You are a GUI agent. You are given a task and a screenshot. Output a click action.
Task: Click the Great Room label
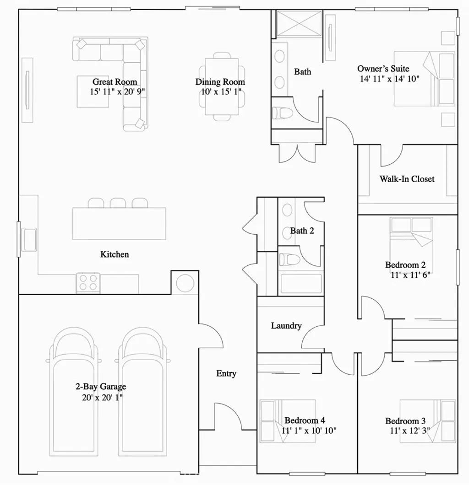click(x=115, y=82)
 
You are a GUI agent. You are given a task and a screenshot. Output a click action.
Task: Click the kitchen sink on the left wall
click(x=30, y=239)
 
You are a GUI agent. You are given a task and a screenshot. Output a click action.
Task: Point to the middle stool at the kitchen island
click(x=118, y=203)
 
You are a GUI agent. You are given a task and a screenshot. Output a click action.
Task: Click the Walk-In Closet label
click(x=407, y=179)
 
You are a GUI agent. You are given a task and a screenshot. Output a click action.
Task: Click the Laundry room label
click(x=286, y=326)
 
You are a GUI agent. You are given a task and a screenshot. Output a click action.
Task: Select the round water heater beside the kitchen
click(x=185, y=283)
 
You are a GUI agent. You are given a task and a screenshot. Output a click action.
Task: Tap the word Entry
click(x=226, y=374)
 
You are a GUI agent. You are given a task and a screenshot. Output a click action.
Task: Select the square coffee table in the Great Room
click(x=93, y=91)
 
